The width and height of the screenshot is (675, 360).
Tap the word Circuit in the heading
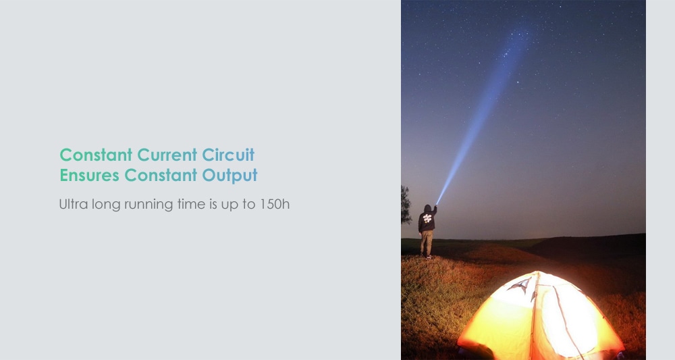tap(228, 155)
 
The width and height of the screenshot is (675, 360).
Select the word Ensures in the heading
tap(89, 175)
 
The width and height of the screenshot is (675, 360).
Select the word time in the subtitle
tap(191, 204)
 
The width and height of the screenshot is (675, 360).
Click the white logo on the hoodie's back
tap(427, 218)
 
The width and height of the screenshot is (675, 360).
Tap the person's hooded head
tap(427, 209)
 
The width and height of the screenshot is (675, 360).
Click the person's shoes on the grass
tap(427, 257)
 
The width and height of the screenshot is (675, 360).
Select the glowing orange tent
tap(541, 315)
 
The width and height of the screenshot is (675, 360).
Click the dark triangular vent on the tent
tap(521, 285)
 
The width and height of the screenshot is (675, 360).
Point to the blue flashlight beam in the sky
tap(484, 116)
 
